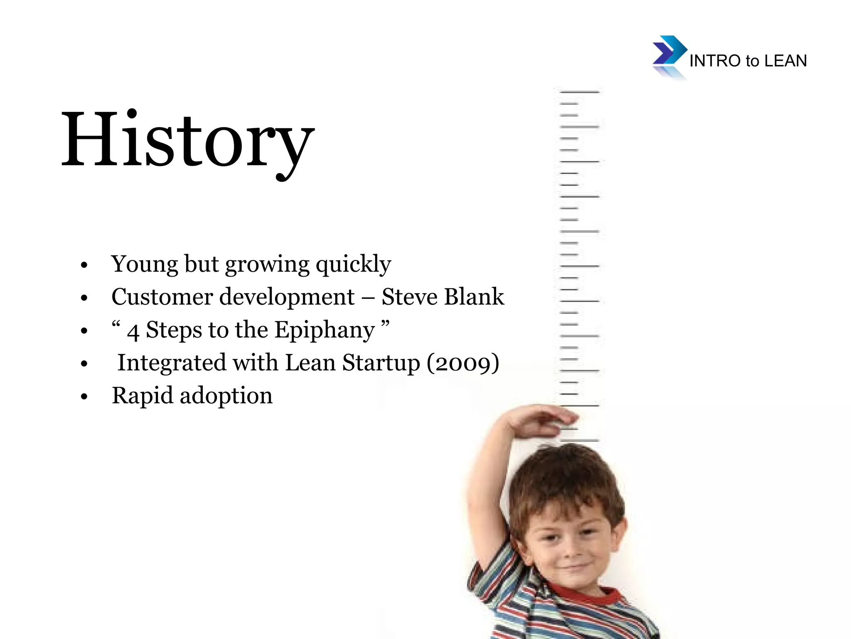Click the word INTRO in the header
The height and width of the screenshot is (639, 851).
[x=715, y=61]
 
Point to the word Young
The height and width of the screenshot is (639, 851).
[x=144, y=264]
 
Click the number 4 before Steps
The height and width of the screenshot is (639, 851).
[x=133, y=332]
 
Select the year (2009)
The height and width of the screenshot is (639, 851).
[x=463, y=363]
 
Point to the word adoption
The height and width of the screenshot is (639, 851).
[x=226, y=396]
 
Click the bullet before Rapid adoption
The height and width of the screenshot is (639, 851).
[x=84, y=397]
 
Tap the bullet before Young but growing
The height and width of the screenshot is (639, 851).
[x=84, y=265]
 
